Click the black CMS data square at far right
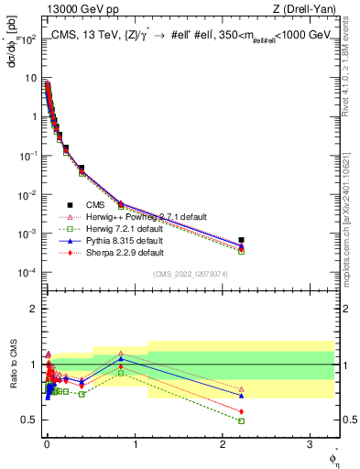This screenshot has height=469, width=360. [241, 240]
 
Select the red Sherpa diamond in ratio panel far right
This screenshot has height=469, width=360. [241, 411]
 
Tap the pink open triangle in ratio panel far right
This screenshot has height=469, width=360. [241, 389]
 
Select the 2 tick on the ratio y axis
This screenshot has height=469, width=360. [35, 309]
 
